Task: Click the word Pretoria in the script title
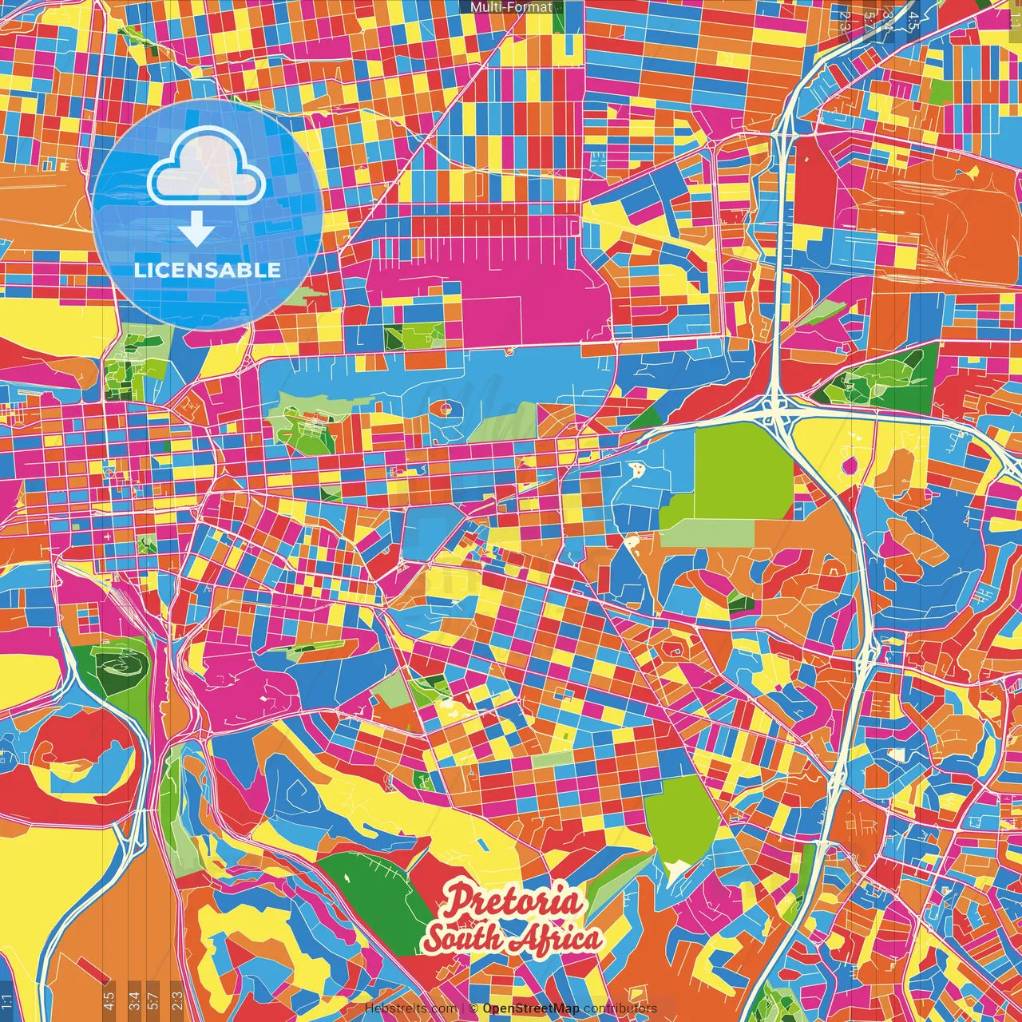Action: coord(513,900)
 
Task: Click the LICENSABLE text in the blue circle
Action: coord(208,270)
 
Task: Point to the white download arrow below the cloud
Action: coord(196,230)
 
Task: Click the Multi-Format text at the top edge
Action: coord(511,7)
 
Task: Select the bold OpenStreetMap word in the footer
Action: coord(531,1008)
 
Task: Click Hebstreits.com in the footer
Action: coord(411,1008)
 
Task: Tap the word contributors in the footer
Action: coord(620,1008)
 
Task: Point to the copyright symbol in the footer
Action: coord(473,1008)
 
